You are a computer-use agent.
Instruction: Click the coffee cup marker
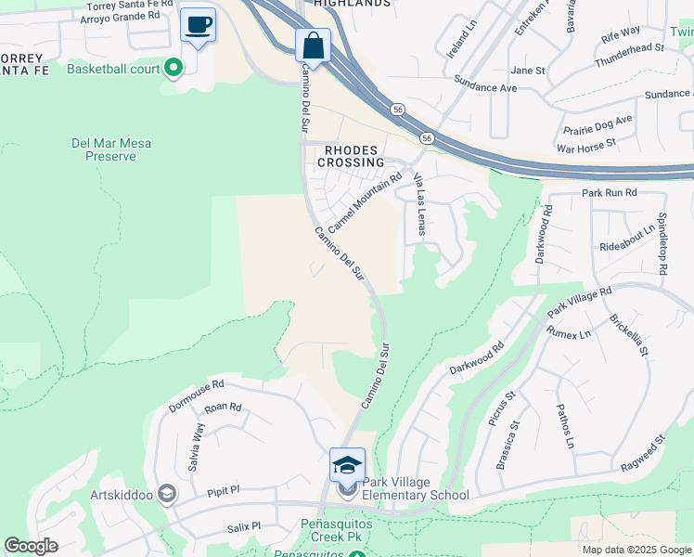coord(198,25)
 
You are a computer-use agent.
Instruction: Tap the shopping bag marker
coord(314,45)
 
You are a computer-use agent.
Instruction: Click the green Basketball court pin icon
coord(173,68)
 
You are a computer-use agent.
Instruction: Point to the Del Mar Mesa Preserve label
coord(110,149)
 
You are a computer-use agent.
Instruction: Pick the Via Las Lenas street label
coord(419,204)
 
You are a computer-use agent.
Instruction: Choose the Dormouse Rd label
coord(196,395)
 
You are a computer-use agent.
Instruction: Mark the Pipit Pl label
coord(223,489)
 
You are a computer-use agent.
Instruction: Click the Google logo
coord(31,546)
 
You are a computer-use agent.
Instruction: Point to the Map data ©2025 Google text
coord(636,550)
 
